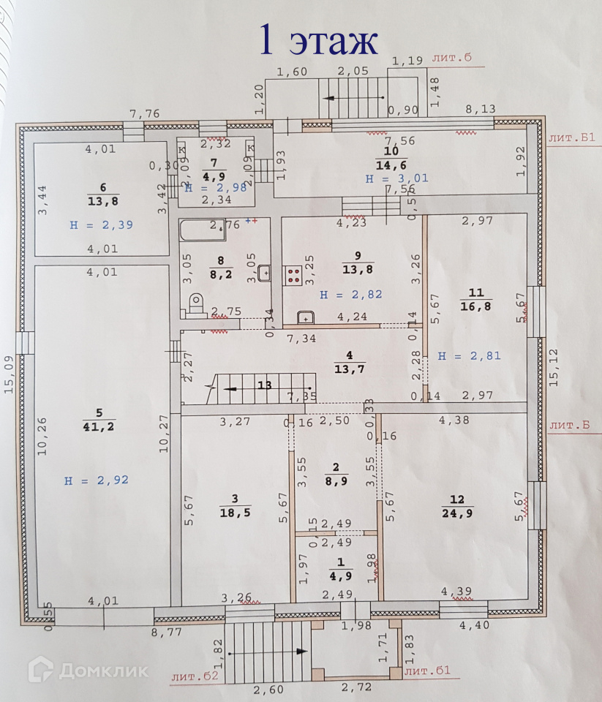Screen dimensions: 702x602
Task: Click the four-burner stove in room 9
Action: coord(294,274)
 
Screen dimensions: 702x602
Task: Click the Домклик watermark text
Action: coord(103,671)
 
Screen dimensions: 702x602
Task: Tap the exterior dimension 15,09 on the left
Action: coord(10,374)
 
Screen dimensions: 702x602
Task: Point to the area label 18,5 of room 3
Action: coord(236,513)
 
